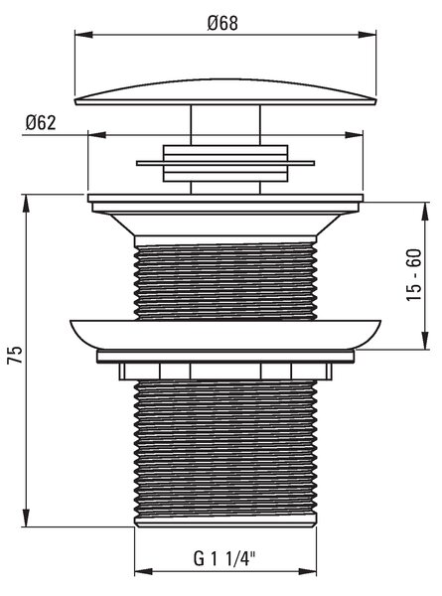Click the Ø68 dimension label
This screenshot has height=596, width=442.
click(222, 23)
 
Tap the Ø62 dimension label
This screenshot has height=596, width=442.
click(41, 122)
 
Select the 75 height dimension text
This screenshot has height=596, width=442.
click(15, 355)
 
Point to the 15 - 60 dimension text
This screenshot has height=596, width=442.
click(414, 275)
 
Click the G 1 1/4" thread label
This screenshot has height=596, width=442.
click(224, 558)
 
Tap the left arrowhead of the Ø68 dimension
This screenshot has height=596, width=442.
click(83, 35)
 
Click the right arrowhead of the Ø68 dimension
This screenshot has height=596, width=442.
click(368, 35)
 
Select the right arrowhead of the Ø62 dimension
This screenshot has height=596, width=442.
click(354, 135)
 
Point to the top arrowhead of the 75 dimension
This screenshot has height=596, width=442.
click(26, 204)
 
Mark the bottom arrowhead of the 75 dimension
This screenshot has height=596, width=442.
click(26, 518)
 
